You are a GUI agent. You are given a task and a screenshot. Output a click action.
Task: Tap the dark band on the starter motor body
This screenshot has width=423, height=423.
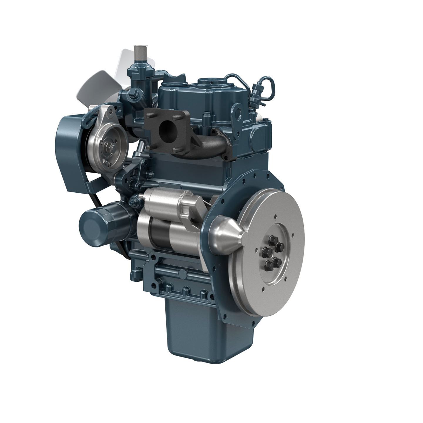(159, 232)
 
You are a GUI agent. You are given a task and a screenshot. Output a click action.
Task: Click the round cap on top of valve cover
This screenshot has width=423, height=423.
(210, 81)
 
